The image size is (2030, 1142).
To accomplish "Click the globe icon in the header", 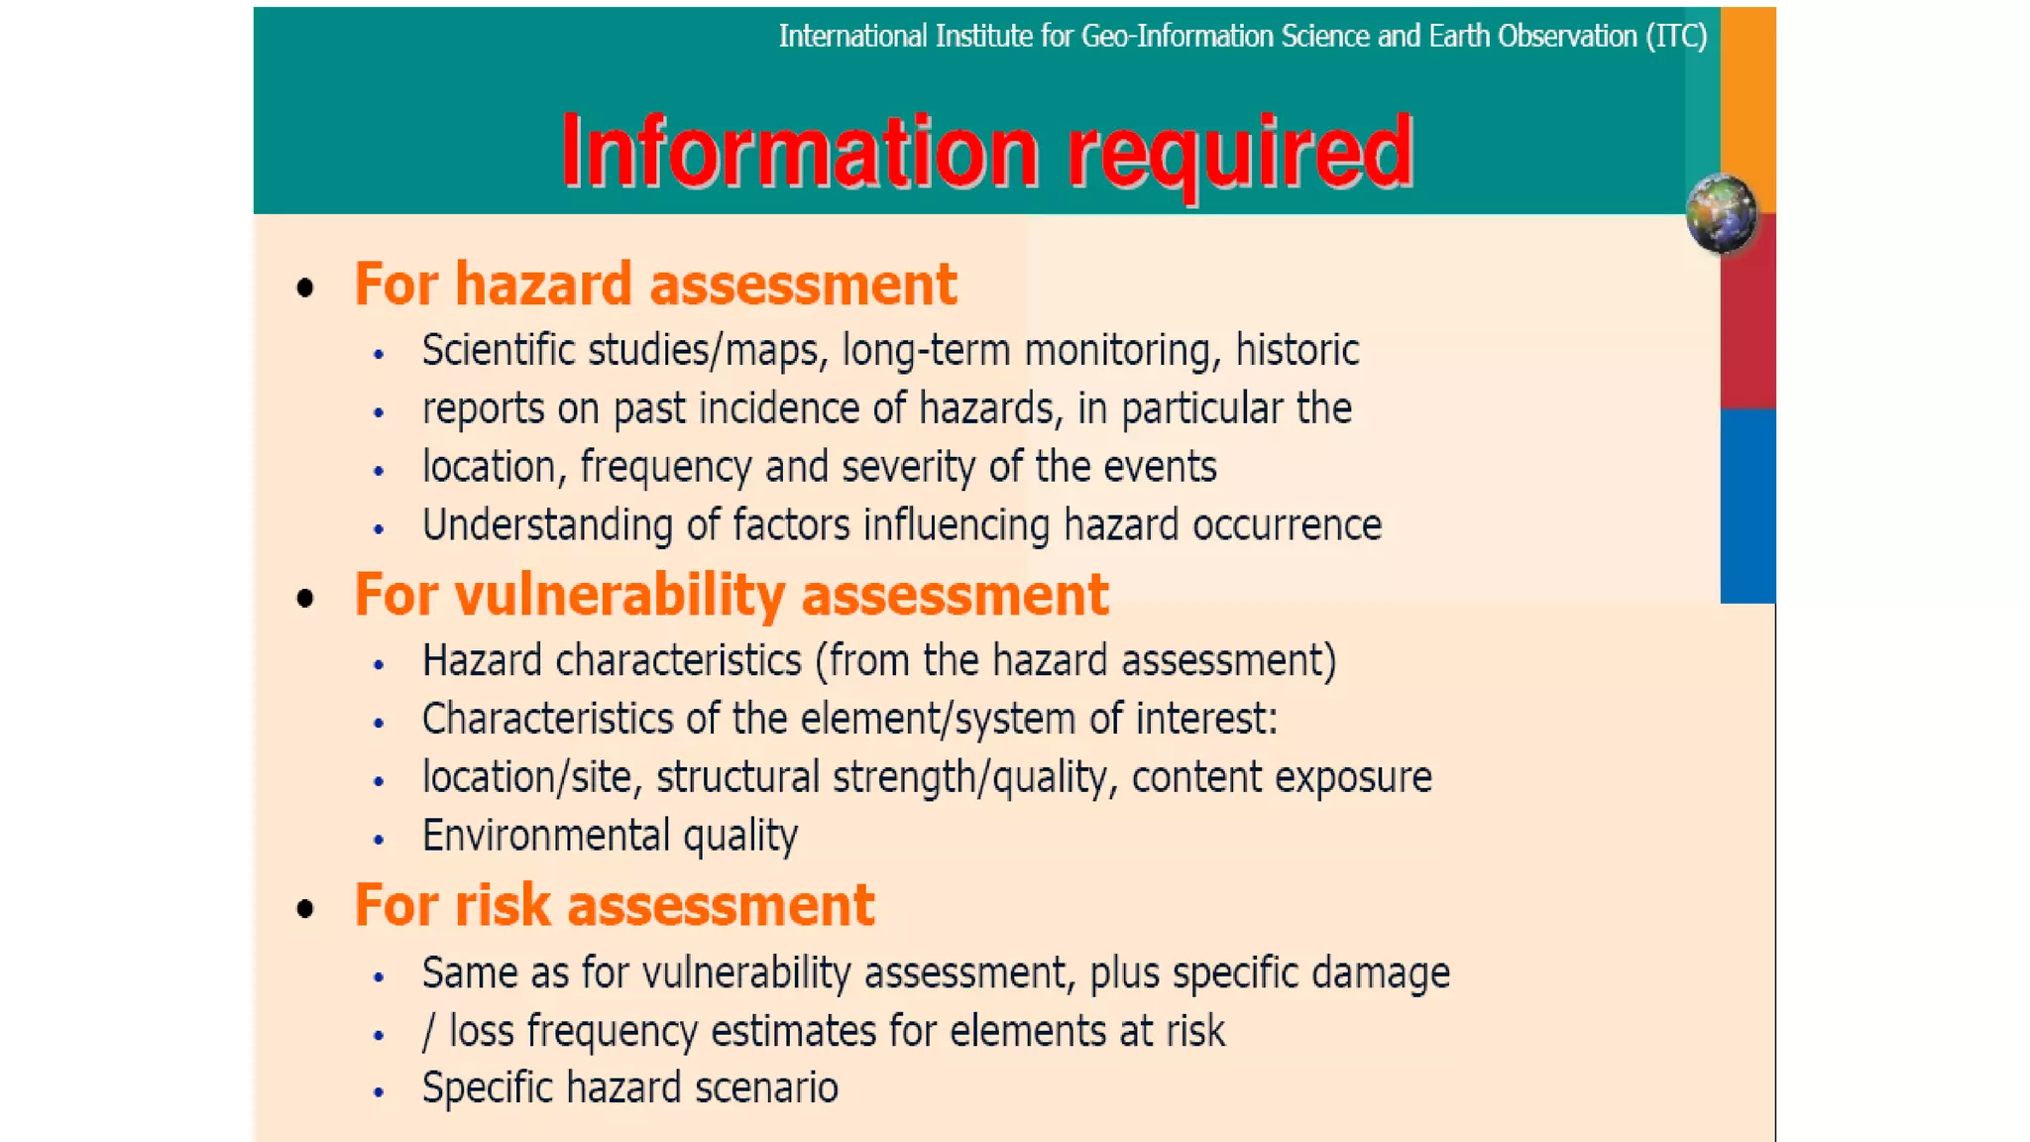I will pyautogui.click(x=1721, y=212).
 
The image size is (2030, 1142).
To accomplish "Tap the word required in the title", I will pyautogui.click(x=1239, y=154).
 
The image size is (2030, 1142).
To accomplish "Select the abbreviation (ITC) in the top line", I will pyautogui.click(x=1676, y=37).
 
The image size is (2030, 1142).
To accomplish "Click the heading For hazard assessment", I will pyautogui.click(x=655, y=285).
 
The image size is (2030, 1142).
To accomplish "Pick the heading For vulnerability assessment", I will pyautogui.click(x=731, y=595).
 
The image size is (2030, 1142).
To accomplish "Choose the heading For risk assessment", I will pyautogui.click(x=615, y=905).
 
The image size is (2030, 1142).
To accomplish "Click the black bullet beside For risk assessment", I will pyautogui.click(x=305, y=908).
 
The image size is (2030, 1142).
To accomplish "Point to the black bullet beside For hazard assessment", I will pyautogui.click(x=305, y=288).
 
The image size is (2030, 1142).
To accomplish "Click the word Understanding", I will pyautogui.click(x=547, y=525).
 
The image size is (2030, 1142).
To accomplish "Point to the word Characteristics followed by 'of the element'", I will pyautogui.click(x=547, y=719).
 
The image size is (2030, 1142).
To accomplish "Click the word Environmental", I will pyautogui.click(x=545, y=835).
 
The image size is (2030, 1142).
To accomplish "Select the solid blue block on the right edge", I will pyautogui.click(x=1748, y=506).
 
